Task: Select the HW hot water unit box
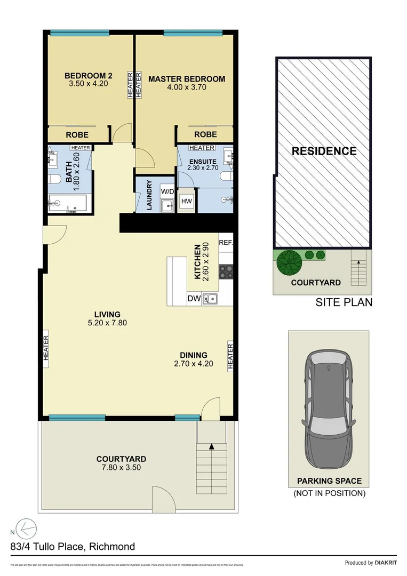[x=186, y=201]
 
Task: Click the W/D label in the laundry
[x=167, y=191]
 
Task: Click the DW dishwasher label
[x=194, y=299]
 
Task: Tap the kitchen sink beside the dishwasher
[x=212, y=299]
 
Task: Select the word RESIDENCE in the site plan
[x=323, y=151]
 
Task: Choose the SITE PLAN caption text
[x=344, y=302]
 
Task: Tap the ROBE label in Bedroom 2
[x=77, y=135]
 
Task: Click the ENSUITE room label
[x=202, y=161]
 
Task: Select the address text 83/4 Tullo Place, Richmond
[x=72, y=546]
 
